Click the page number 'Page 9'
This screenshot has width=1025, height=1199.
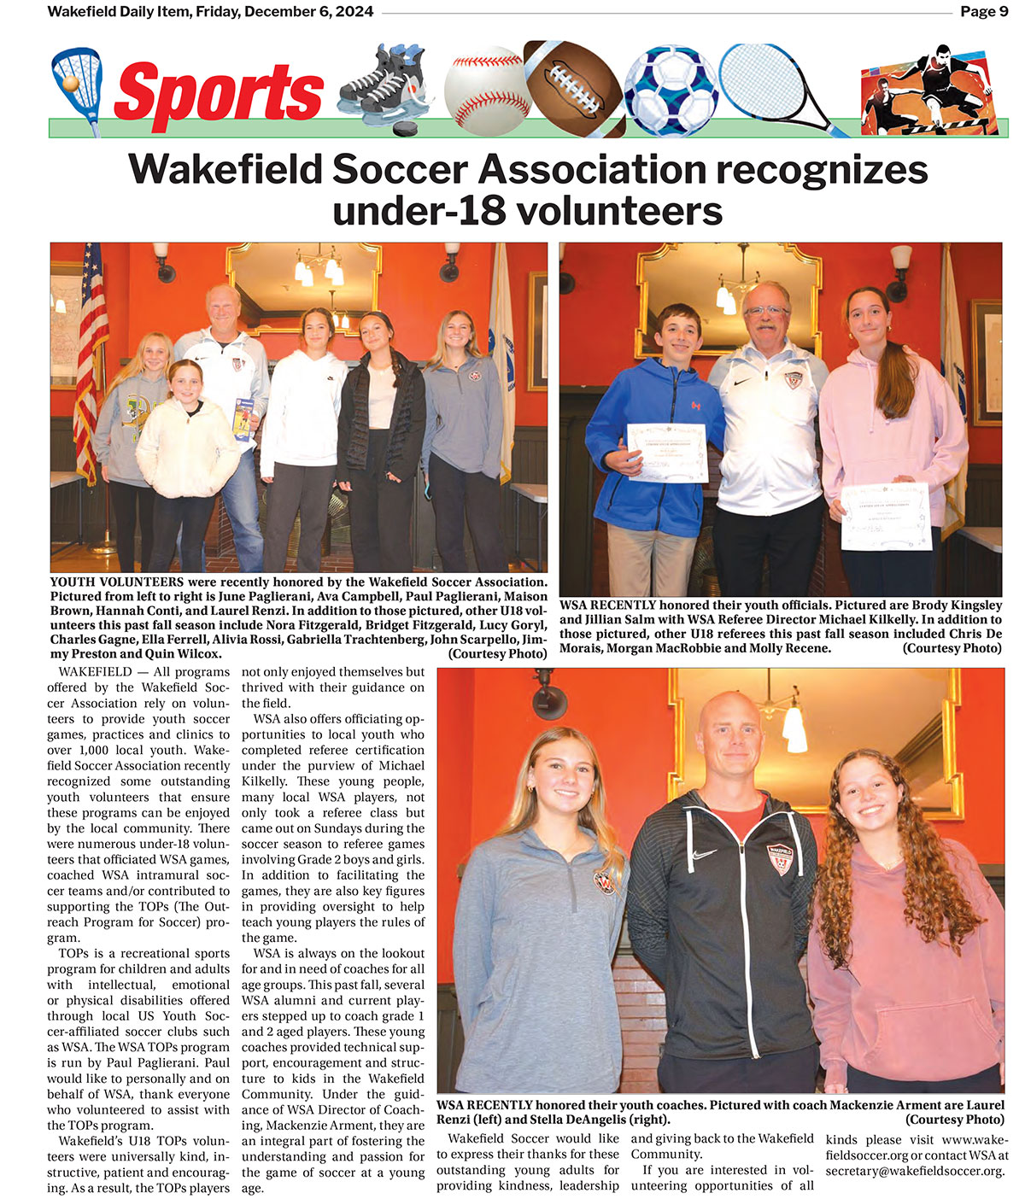coord(984,12)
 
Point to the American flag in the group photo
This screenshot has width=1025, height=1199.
coord(89,359)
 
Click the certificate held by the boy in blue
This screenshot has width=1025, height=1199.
coord(666,453)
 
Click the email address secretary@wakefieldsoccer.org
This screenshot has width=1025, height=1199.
coord(914,1171)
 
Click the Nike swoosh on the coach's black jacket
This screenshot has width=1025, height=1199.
coord(705,855)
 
